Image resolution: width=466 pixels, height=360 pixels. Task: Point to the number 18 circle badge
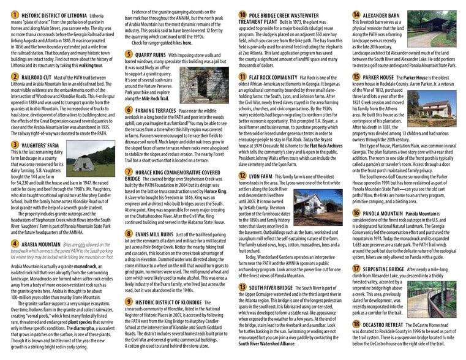(356, 324)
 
